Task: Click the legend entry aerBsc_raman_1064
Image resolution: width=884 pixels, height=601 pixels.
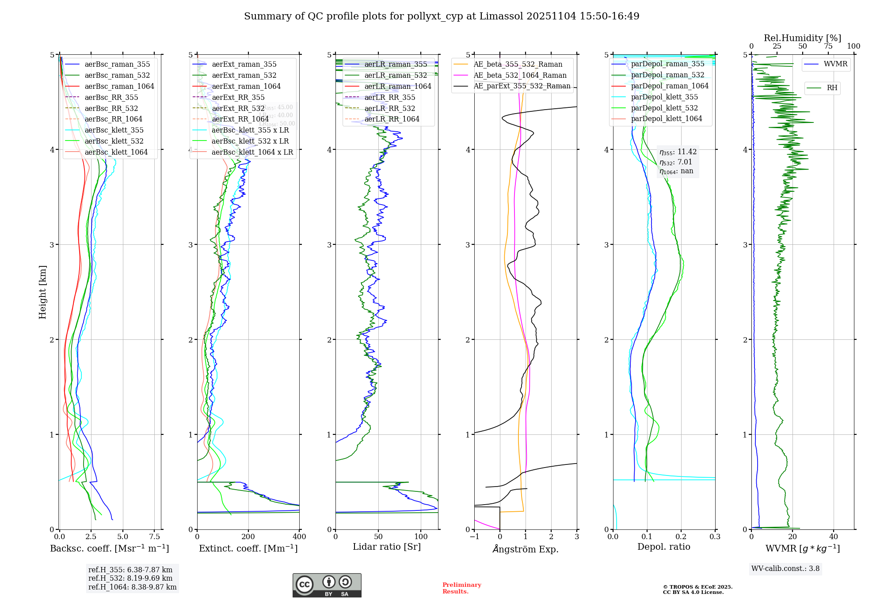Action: (119, 86)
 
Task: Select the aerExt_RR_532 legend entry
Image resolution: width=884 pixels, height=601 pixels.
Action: (238, 108)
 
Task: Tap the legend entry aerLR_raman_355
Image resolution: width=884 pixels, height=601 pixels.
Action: (396, 64)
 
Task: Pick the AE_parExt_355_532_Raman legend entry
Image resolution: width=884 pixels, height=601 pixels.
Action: (522, 86)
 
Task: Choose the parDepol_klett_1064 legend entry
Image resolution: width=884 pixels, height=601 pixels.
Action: (666, 118)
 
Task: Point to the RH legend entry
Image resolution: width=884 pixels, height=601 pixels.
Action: (832, 88)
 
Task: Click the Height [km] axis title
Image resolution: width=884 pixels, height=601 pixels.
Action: (42, 292)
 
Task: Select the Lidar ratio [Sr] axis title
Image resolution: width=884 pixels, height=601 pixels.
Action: (387, 547)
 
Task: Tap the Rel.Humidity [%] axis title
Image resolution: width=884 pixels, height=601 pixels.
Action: (802, 38)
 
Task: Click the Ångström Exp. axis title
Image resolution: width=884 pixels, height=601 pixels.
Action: (526, 549)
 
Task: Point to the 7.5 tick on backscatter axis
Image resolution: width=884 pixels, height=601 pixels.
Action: (155, 537)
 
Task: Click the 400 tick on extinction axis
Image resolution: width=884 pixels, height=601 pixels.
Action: (300, 537)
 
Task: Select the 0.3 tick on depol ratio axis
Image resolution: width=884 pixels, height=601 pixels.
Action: (715, 537)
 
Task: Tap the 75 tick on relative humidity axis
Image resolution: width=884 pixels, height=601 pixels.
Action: (828, 46)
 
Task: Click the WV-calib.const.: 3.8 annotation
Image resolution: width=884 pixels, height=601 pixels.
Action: (785, 569)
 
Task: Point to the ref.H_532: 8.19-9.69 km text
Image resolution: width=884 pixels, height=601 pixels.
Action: (130, 578)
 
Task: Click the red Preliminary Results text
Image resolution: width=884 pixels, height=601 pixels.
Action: (461, 588)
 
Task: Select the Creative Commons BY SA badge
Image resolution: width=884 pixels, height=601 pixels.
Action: (327, 586)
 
